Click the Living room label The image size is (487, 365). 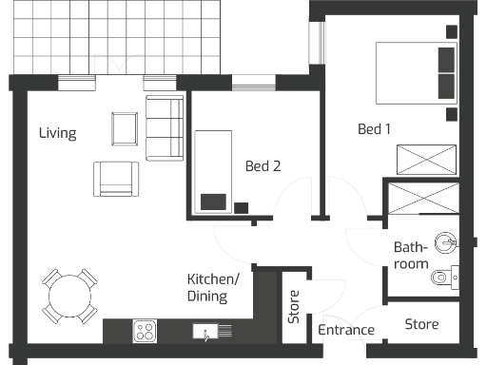(57, 133)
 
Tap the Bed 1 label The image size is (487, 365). (375, 129)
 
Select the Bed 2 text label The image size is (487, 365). (263, 165)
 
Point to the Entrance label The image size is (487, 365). (345, 330)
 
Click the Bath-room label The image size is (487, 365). (411, 255)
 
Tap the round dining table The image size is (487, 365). (68, 297)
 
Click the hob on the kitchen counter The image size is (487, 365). (146, 331)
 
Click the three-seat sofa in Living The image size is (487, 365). (164, 128)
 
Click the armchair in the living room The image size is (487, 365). (116, 178)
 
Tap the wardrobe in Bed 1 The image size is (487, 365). (424, 158)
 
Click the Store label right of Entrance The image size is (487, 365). (421, 324)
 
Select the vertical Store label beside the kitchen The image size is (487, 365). (294, 313)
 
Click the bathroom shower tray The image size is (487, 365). (424, 201)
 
